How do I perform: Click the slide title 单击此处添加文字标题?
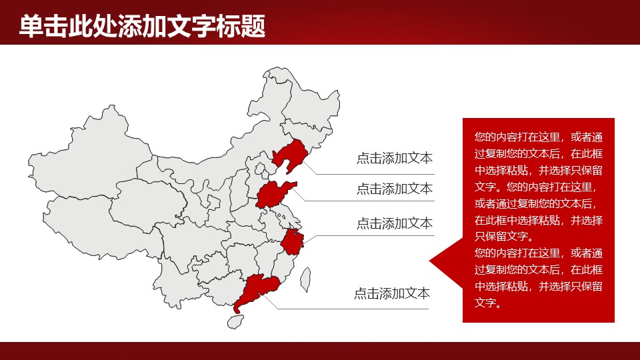[142, 27]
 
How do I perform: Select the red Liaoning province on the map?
[288, 157]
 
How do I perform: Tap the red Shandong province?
[273, 194]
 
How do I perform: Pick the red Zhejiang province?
[292, 241]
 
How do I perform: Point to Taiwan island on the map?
[306, 279]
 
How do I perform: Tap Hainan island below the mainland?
[233, 321]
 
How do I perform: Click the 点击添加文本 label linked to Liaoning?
[394, 159]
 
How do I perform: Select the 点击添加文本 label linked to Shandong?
[394, 189]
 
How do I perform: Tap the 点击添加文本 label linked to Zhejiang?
[394, 223]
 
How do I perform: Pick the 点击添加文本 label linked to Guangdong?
[391, 293]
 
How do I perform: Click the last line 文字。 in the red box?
[487, 303]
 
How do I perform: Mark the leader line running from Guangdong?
[353, 309]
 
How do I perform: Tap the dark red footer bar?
[320, 351]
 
